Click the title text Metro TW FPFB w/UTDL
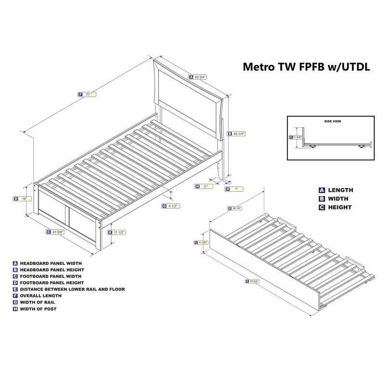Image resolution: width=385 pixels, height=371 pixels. (306, 67)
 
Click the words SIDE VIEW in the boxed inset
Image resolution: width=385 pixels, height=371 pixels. (332, 121)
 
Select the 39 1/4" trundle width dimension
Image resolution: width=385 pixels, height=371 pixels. (236, 208)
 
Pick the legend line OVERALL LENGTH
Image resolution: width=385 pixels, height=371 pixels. (40, 295)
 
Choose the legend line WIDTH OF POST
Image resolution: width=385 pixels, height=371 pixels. (38, 309)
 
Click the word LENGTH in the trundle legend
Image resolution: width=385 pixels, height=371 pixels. (340, 190)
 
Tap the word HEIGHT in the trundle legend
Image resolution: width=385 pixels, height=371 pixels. (340, 207)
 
